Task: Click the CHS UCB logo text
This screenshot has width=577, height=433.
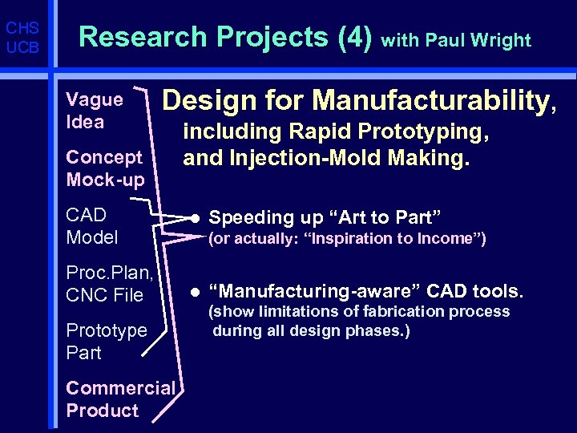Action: click(x=22, y=38)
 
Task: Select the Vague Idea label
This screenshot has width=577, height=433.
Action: click(x=95, y=111)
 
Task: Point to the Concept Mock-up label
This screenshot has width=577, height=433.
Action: click(x=105, y=168)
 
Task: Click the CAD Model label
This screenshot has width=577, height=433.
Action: click(x=92, y=226)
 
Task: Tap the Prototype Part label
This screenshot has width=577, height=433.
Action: click(x=107, y=342)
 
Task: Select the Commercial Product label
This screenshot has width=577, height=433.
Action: click(x=120, y=399)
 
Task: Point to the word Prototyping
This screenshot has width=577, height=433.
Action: click(x=434, y=132)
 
